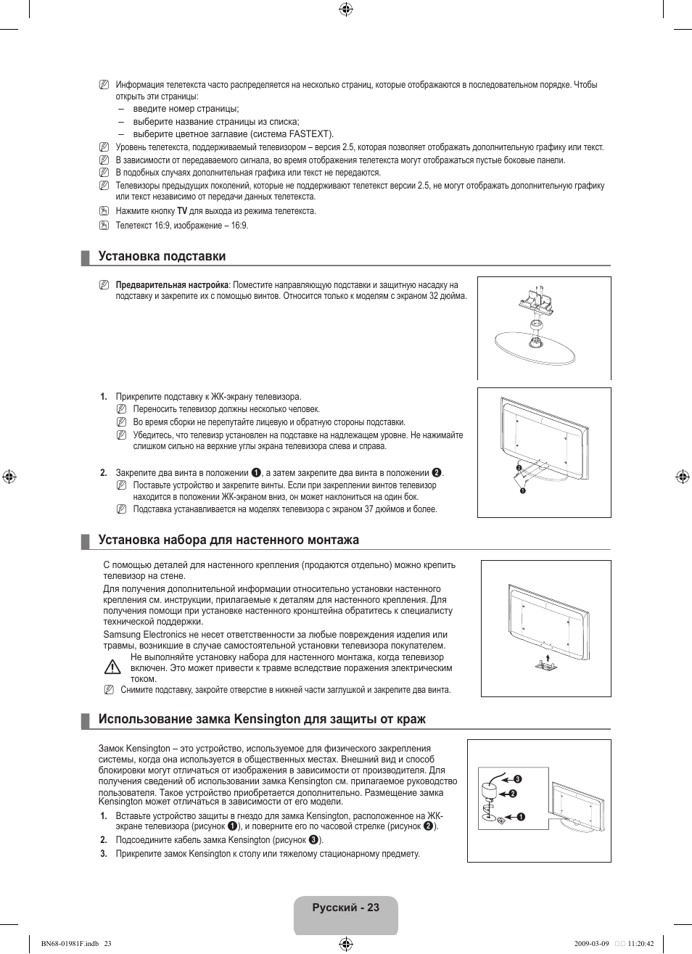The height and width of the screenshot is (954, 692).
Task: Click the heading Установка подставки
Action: (x=162, y=256)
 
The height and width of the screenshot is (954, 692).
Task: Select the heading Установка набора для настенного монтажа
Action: (x=228, y=540)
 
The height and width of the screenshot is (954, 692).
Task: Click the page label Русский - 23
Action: (x=346, y=908)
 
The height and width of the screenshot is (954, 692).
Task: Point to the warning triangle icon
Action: (x=112, y=667)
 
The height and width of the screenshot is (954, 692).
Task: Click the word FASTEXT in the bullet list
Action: (x=310, y=134)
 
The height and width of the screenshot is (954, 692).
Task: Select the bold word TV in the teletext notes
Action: (x=182, y=211)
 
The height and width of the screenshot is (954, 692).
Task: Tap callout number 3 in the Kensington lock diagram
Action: (x=518, y=779)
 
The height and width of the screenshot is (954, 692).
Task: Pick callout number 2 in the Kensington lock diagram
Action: (x=512, y=794)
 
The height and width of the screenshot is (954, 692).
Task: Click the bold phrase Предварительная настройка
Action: (x=172, y=285)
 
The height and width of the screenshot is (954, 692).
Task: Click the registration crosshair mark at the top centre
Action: (x=346, y=9)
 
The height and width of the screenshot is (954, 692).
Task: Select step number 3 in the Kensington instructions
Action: (x=104, y=854)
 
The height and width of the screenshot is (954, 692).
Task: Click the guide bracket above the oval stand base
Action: (x=535, y=300)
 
